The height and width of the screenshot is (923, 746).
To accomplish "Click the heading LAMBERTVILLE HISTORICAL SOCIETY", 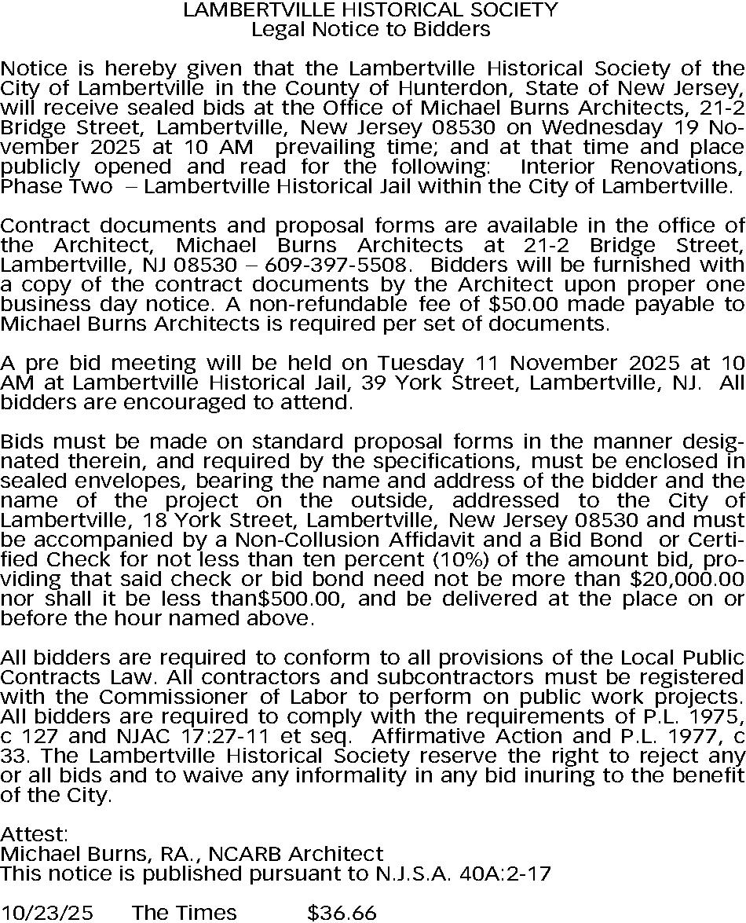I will tap(371, 10).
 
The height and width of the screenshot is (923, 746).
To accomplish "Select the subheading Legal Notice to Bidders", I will tap(371, 30).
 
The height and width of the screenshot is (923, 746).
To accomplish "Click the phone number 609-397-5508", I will tap(356, 264).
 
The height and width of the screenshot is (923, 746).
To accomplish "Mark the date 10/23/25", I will tap(46, 912).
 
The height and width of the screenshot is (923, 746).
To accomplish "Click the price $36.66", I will tap(342, 912).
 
